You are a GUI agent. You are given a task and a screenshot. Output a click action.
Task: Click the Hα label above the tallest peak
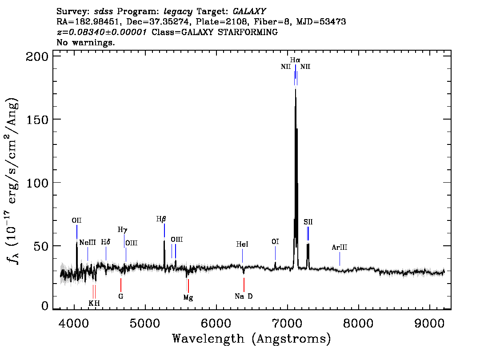click(x=295, y=60)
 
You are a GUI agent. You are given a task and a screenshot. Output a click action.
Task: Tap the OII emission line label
click(x=76, y=220)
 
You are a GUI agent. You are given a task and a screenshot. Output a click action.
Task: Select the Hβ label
click(x=161, y=219)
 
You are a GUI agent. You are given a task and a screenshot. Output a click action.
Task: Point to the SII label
click(x=308, y=222)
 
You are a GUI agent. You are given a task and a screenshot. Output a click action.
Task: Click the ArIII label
click(x=340, y=248)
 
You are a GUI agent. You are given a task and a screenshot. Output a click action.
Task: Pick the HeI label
click(x=242, y=244)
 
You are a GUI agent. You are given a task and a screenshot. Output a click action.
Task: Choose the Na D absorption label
click(x=244, y=296)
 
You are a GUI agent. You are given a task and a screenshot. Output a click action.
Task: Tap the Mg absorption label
click(x=188, y=298)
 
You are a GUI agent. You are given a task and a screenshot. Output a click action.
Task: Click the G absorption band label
click(x=120, y=296)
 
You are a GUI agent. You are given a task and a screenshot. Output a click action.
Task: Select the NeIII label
click(x=88, y=242)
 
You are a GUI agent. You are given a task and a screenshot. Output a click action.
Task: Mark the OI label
click(x=275, y=242)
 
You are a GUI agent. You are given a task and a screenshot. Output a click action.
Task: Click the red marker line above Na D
click(x=244, y=285)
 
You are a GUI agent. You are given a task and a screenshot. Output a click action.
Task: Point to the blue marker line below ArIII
click(x=340, y=259)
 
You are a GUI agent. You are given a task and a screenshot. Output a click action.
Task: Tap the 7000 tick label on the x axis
click(x=287, y=323)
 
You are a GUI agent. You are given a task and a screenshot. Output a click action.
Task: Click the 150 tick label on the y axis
click(x=36, y=120)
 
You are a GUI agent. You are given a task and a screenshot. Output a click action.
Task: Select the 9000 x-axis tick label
click(x=429, y=323)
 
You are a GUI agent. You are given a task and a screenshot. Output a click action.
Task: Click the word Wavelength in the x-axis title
click(x=208, y=339)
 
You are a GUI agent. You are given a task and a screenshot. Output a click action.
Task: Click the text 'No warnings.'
click(x=85, y=42)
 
